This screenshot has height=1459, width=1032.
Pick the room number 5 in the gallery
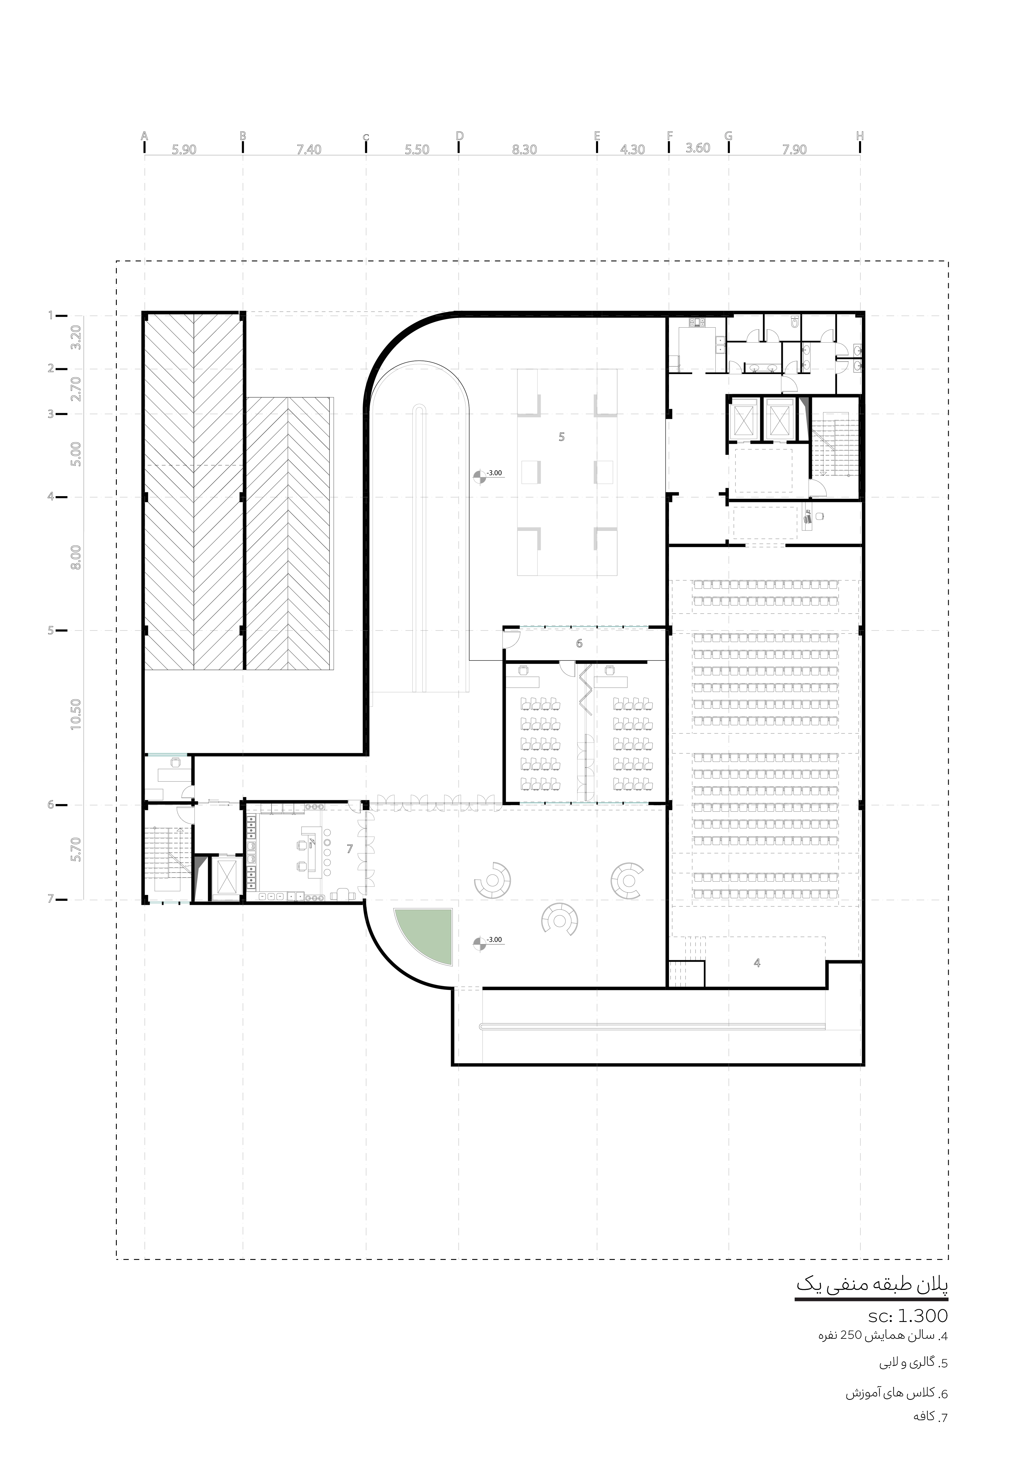561,437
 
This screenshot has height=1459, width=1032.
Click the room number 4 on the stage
757,963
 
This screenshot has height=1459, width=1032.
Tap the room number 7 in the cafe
349,848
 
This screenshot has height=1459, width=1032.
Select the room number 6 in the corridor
579,644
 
